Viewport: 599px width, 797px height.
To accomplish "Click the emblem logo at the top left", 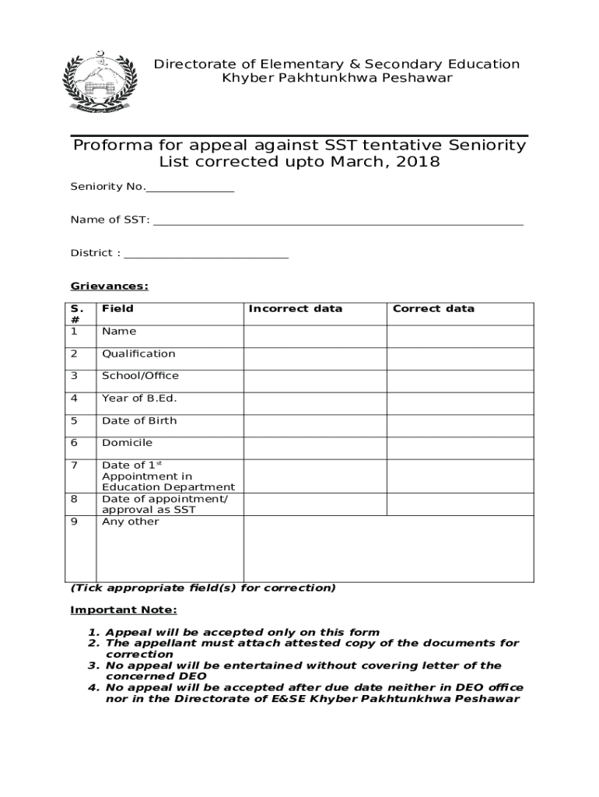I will (99, 83).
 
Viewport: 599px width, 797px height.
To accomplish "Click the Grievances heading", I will (110, 286).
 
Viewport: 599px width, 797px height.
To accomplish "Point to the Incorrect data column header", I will (295, 308).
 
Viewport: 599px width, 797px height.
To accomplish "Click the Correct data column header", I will (433, 308).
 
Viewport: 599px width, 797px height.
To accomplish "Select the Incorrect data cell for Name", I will (315, 336).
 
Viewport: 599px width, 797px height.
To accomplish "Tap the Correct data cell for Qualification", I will (460, 359).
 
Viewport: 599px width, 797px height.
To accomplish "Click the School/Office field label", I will (140, 375).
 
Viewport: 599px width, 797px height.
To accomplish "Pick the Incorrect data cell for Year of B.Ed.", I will (315, 403).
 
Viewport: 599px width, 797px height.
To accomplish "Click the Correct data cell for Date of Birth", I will (460, 426).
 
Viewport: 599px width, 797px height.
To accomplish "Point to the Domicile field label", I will (127, 443).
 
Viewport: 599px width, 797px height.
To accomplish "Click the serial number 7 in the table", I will (75, 465).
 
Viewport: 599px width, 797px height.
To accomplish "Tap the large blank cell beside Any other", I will (388, 549).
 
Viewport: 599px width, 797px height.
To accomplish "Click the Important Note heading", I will (124, 609).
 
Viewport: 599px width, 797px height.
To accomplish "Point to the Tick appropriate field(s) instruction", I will (203, 588).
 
